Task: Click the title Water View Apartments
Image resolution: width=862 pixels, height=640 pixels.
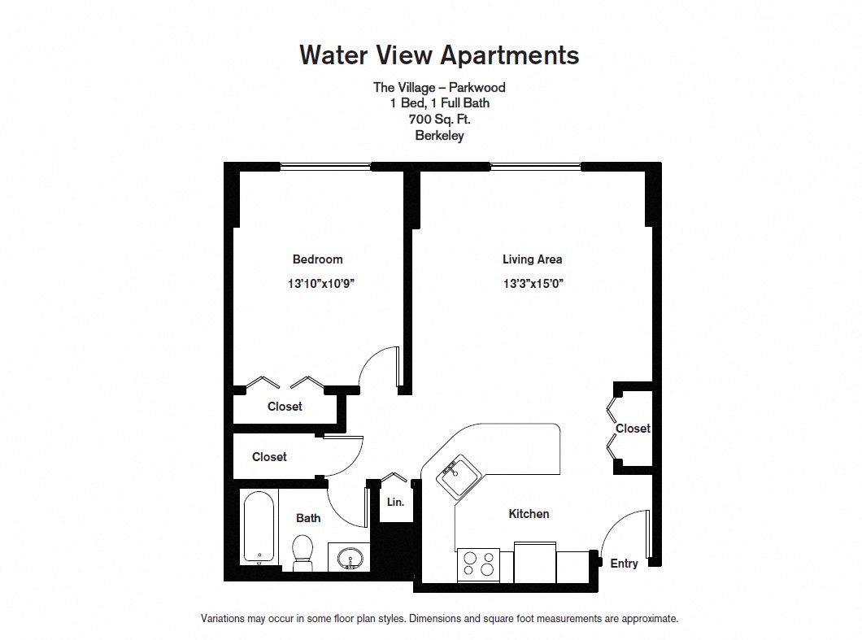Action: point(439,54)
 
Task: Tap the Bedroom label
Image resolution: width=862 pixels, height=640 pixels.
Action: point(317,259)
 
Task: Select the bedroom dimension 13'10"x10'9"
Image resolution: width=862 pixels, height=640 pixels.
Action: point(323,284)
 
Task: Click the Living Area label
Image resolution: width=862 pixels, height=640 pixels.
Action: point(532,259)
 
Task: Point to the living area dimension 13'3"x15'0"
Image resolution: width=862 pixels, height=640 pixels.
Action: point(533,284)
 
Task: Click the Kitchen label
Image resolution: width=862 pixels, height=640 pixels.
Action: point(529,513)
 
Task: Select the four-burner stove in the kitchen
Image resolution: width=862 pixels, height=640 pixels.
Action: point(478,564)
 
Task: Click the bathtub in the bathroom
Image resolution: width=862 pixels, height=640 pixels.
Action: point(259,527)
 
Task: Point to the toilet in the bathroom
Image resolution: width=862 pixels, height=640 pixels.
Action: point(303,551)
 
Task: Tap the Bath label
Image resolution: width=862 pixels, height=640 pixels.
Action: point(308,518)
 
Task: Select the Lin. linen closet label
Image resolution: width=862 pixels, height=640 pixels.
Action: point(395,503)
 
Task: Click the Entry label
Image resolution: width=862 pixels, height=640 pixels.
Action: point(624,564)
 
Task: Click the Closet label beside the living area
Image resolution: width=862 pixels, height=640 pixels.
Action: point(633,429)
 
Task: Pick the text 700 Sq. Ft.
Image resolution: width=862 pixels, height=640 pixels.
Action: point(439,120)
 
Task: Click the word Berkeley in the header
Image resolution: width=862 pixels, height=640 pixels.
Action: point(439,136)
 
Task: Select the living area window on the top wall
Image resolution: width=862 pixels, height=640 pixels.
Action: point(535,167)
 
